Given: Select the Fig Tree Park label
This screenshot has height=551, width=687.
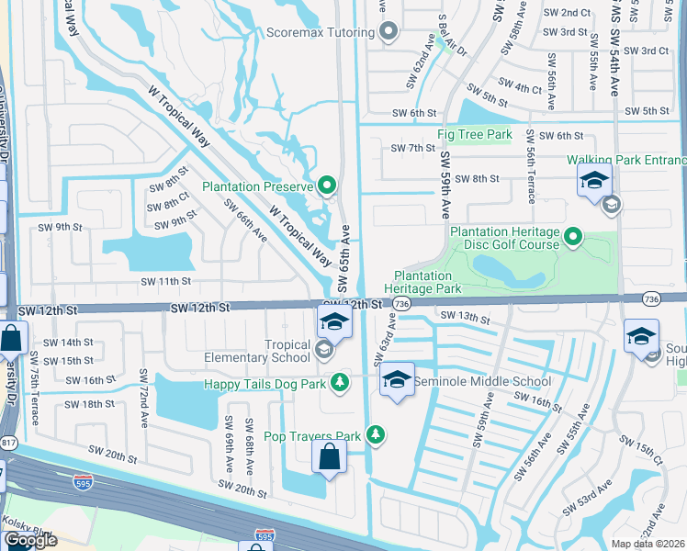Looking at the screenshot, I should click(475, 135).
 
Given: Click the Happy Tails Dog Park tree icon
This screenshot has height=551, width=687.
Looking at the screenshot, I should click(341, 381).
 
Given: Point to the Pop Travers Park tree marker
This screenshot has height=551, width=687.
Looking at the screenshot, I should click(375, 434).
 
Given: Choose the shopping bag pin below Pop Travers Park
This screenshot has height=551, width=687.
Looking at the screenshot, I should click(329, 457).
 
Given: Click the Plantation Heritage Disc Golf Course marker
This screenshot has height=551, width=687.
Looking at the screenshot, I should click(573, 237).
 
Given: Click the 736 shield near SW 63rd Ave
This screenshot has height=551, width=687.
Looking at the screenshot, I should click(400, 303).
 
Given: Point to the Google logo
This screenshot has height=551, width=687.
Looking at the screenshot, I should click(31, 540).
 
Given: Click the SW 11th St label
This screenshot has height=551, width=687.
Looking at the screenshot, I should click(165, 281).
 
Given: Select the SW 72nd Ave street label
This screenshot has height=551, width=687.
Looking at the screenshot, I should click(144, 388).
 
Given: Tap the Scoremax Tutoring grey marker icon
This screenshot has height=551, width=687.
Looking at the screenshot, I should click(389, 31).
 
